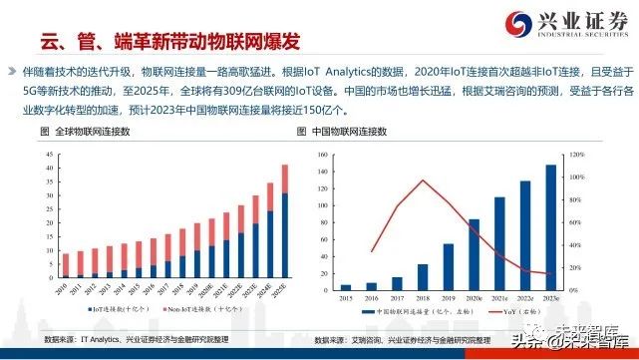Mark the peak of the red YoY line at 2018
[396, 180]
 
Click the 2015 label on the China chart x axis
[345, 296]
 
